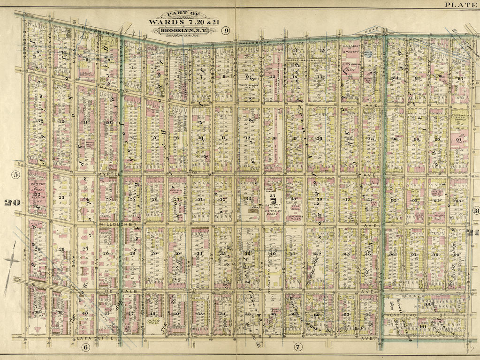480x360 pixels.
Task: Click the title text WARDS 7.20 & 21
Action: [x=183, y=21]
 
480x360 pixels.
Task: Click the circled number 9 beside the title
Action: [x=226, y=31]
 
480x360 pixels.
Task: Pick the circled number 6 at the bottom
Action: [x=85, y=347]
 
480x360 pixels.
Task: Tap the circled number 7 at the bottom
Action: [x=297, y=347]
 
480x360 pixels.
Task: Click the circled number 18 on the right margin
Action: [x=475, y=210]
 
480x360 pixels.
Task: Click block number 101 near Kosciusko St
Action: [x=422, y=322]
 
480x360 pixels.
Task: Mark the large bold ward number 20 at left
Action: [x=12, y=202]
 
